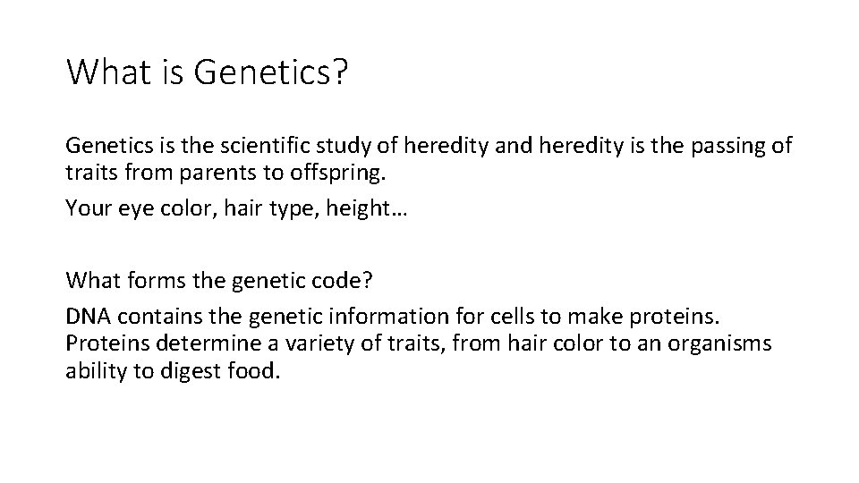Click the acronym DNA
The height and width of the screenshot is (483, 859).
click(88, 318)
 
